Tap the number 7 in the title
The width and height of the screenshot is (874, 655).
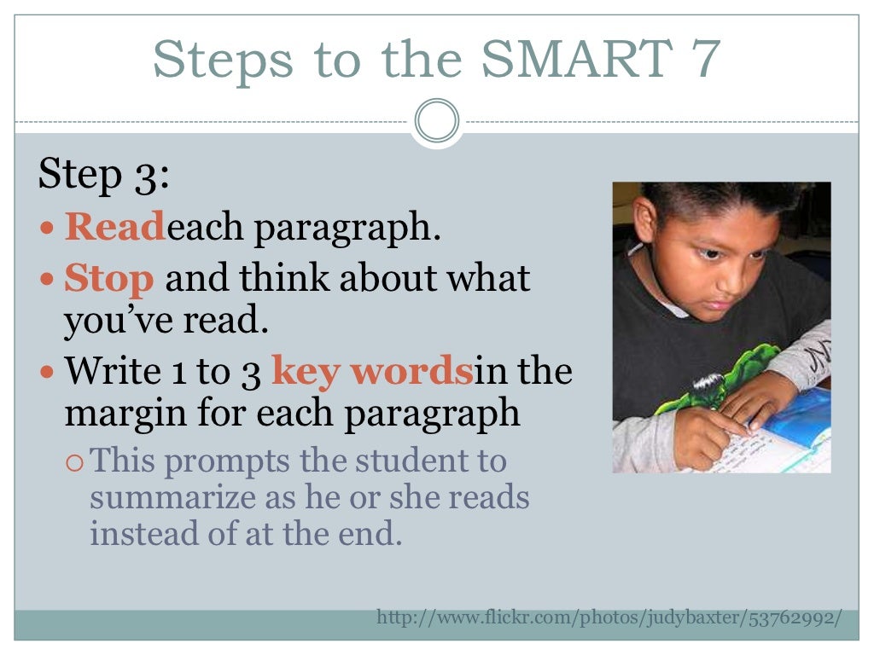pos(705,60)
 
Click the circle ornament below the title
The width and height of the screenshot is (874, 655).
pos(436,122)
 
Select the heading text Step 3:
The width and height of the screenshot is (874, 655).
pos(104,176)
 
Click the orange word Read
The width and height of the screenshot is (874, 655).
pos(114,228)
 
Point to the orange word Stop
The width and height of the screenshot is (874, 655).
pos(109,278)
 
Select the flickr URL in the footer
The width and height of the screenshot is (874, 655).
pos(609,617)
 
